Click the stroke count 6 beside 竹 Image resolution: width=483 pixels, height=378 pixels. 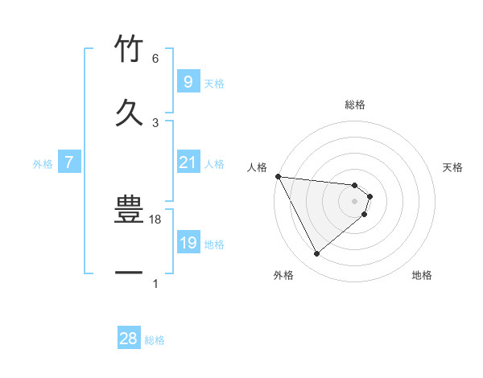pos(155,59)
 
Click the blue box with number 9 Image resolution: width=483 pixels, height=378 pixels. pos(188,82)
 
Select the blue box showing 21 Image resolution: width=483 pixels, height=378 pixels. pos(188,162)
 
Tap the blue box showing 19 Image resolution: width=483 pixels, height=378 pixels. pos(188,243)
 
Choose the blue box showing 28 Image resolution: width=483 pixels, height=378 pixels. pos(129,339)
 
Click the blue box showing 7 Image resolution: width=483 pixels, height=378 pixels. pos(69,162)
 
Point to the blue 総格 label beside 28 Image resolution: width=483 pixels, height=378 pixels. pos(155,340)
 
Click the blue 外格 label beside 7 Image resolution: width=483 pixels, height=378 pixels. pos(43,164)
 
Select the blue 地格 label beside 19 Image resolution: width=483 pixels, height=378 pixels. pos(214,244)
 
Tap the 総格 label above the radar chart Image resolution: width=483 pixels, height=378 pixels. pos(355,105)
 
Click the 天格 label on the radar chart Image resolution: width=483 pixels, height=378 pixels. pos(453,167)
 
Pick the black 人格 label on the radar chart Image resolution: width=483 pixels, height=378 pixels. pos(257,167)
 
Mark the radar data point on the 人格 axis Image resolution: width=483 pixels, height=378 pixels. pos(278,176)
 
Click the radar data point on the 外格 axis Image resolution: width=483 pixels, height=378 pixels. pos(316,253)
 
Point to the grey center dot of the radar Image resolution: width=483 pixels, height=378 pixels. pos(355,201)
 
